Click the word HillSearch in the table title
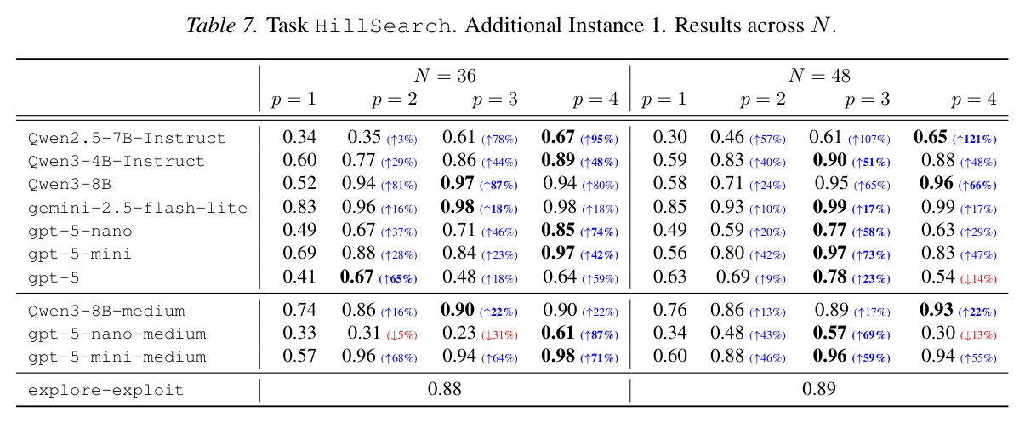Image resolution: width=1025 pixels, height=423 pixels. [383, 26]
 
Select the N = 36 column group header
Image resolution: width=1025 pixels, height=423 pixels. [445, 76]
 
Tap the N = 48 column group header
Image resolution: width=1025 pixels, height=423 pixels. [819, 76]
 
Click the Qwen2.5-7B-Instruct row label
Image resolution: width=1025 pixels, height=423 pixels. [127, 138]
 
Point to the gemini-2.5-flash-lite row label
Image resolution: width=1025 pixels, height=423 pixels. [137, 209]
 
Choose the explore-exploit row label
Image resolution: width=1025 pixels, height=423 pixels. [105, 390]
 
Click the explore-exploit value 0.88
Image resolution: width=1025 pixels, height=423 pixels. [444, 389]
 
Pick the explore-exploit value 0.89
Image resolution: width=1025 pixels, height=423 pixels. [818, 389]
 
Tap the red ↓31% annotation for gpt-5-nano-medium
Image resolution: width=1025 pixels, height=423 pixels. [499, 335]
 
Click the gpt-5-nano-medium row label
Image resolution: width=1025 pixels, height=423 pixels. [117, 334]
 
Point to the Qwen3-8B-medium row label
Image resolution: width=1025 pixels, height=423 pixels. [106, 312]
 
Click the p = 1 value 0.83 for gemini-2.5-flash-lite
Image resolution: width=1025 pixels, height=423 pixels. [299, 207]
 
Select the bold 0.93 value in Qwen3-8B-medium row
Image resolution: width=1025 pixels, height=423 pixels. [937, 310]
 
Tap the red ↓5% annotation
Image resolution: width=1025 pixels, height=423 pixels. [401, 335]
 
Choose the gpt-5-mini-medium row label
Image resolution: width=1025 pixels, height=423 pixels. [117, 357]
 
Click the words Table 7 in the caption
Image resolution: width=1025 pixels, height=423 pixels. [222, 26]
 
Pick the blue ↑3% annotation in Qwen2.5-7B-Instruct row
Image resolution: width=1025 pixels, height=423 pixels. [401, 140]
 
